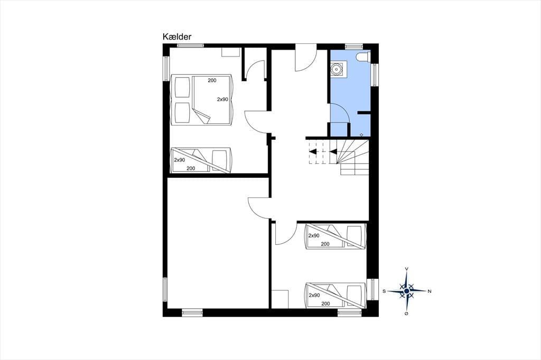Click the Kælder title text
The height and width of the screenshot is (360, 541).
(x=176, y=37)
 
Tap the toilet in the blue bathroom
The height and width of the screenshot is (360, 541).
(x=363, y=57)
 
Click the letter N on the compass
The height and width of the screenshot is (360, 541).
(x=430, y=291)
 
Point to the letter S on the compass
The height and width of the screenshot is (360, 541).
(x=384, y=291)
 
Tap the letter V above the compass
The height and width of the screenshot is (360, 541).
(x=407, y=269)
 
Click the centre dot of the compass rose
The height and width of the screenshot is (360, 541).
(x=407, y=291)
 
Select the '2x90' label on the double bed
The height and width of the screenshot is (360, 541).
(x=222, y=99)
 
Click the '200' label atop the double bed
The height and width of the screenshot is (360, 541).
(x=212, y=80)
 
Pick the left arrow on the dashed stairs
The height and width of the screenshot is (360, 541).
(x=313, y=151)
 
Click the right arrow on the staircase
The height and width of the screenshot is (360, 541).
(x=333, y=151)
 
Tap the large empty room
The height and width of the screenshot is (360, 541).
(x=218, y=243)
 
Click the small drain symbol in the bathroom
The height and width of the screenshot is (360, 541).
(x=361, y=135)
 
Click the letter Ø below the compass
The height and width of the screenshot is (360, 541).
(x=407, y=313)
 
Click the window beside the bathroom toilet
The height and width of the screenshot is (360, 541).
(x=375, y=74)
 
